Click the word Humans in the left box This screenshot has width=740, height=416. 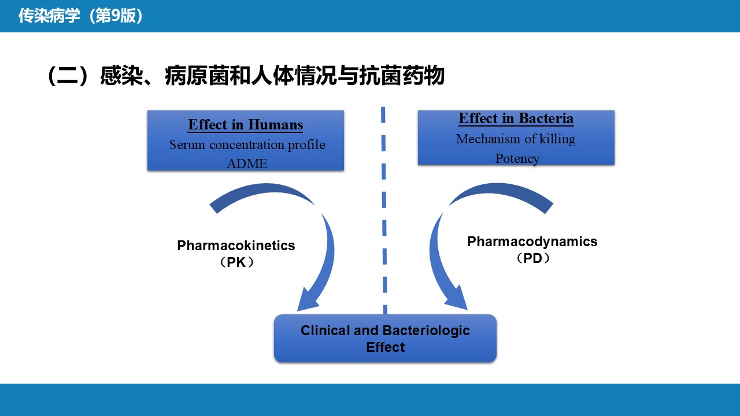click(275, 125)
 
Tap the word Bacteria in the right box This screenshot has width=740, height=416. click(546, 118)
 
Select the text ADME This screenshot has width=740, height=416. click(247, 164)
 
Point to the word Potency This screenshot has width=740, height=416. click(517, 159)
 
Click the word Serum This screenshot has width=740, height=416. click(187, 144)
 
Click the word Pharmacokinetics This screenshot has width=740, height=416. click(236, 246)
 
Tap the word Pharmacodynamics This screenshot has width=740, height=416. click(532, 242)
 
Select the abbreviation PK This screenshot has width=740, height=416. click(236, 262)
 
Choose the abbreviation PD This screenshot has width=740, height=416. click(532, 258)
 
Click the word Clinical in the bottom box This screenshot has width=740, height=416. click(325, 330)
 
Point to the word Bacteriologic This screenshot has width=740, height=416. click(426, 331)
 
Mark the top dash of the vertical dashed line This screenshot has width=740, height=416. click(383, 115)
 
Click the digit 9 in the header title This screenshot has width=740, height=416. click(116, 16)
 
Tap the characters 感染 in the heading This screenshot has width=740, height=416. click(121, 76)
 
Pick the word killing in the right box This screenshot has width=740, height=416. click(557, 139)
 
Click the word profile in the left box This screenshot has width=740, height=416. click(306, 145)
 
